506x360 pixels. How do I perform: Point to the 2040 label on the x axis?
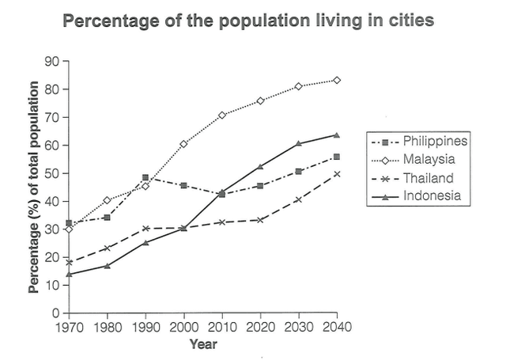point(337,326)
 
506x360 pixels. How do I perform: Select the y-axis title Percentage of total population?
point(34,187)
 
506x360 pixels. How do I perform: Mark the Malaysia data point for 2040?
point(337,80)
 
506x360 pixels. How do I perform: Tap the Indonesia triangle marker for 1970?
point(69,274)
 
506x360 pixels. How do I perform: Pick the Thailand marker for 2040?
point(337,173)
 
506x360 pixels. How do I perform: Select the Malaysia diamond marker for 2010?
point(222,115)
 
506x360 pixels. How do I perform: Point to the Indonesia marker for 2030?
point(299,143)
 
